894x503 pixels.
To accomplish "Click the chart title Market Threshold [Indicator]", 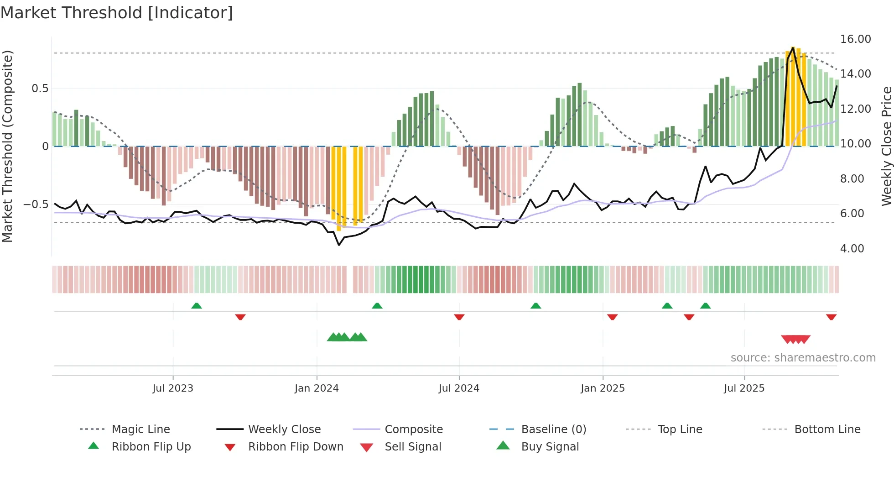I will (x=117, y=13).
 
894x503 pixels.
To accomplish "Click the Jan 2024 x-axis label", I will (x=317, y=388).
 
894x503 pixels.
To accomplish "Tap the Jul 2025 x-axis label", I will (x=744, y=388).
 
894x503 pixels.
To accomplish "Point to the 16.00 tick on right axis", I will (x=855, y=39).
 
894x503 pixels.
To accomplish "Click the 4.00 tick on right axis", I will (x=852, y=249).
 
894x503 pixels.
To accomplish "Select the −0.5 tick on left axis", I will (x=36, y=204).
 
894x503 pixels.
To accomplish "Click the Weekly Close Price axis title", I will (x=886, y=146).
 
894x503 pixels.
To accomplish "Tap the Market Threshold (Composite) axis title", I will (x=7, y=146).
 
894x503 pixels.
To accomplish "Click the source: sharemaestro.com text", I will (x=803, y=358).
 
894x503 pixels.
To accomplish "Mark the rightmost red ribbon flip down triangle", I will (x=831, y=317).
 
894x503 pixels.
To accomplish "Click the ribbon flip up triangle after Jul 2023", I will (x=197, y=306).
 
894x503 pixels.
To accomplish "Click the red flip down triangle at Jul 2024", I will (x=459, y=317).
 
